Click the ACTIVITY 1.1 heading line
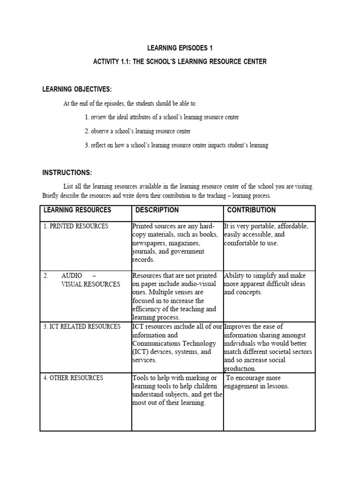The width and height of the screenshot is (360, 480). click(x=180, y=62)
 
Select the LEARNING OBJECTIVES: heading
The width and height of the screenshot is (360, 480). click(x=77, y=90)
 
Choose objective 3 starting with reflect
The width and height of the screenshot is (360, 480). click(x=177, y=145)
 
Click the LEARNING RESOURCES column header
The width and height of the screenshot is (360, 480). click(x=77, y=210)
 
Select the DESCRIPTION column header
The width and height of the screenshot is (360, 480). click(x=157, y=210)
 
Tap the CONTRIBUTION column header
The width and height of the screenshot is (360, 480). click(x=251, y=210)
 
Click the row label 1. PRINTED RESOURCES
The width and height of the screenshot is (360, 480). click(x=76, y=226)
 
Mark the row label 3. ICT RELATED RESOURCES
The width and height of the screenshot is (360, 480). click(x=82, y=326)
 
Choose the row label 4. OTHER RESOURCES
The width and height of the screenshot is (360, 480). click(x=74, y=378)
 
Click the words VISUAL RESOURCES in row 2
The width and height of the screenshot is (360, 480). click(x=90, y=284)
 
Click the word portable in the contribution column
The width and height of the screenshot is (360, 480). click(x=264, y=226)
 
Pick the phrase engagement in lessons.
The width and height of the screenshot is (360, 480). click(x=257, y=386)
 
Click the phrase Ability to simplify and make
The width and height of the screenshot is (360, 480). click(x=264, y=276)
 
